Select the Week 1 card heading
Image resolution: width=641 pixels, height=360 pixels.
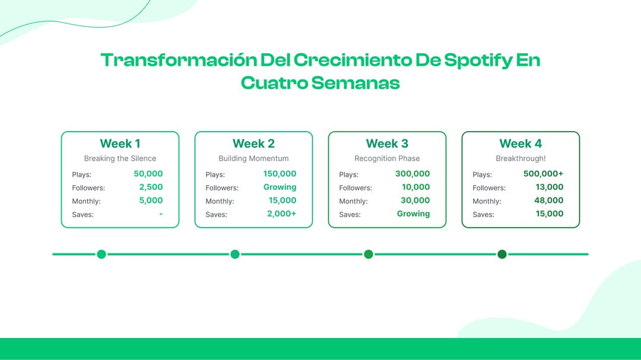tap(120, 144)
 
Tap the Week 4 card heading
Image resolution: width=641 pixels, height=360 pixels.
tap(521, 144)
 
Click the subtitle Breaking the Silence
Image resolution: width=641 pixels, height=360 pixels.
tap(120, 158)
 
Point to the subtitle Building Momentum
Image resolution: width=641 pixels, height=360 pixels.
tap(253, 158)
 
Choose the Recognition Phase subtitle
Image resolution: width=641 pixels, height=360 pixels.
tap(387, 158)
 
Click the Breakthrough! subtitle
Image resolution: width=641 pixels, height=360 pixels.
tap(521, 158)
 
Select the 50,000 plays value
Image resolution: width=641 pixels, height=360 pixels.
tap(148, 174)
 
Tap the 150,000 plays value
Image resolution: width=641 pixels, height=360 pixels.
tap(280, 174)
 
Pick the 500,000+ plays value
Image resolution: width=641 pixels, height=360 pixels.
tap(543, 174)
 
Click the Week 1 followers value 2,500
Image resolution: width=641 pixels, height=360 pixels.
tap(151, 187)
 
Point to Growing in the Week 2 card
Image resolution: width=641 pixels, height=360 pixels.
tap(280, 187)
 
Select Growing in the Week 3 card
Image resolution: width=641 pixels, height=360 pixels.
tap(413, 214)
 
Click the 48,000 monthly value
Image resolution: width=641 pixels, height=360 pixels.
tap(548, 200)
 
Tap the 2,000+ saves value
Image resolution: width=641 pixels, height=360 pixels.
tap(281, 214)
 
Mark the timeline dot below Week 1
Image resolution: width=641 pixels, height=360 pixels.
tap(101, 254)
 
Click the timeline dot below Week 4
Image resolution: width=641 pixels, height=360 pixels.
tap(502, 254)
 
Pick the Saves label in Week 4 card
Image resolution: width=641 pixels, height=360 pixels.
tap(483, 215)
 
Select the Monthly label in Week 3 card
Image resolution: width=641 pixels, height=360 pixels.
tap(353, 202)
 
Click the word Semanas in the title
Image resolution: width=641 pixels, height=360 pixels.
tap(355, 82)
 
